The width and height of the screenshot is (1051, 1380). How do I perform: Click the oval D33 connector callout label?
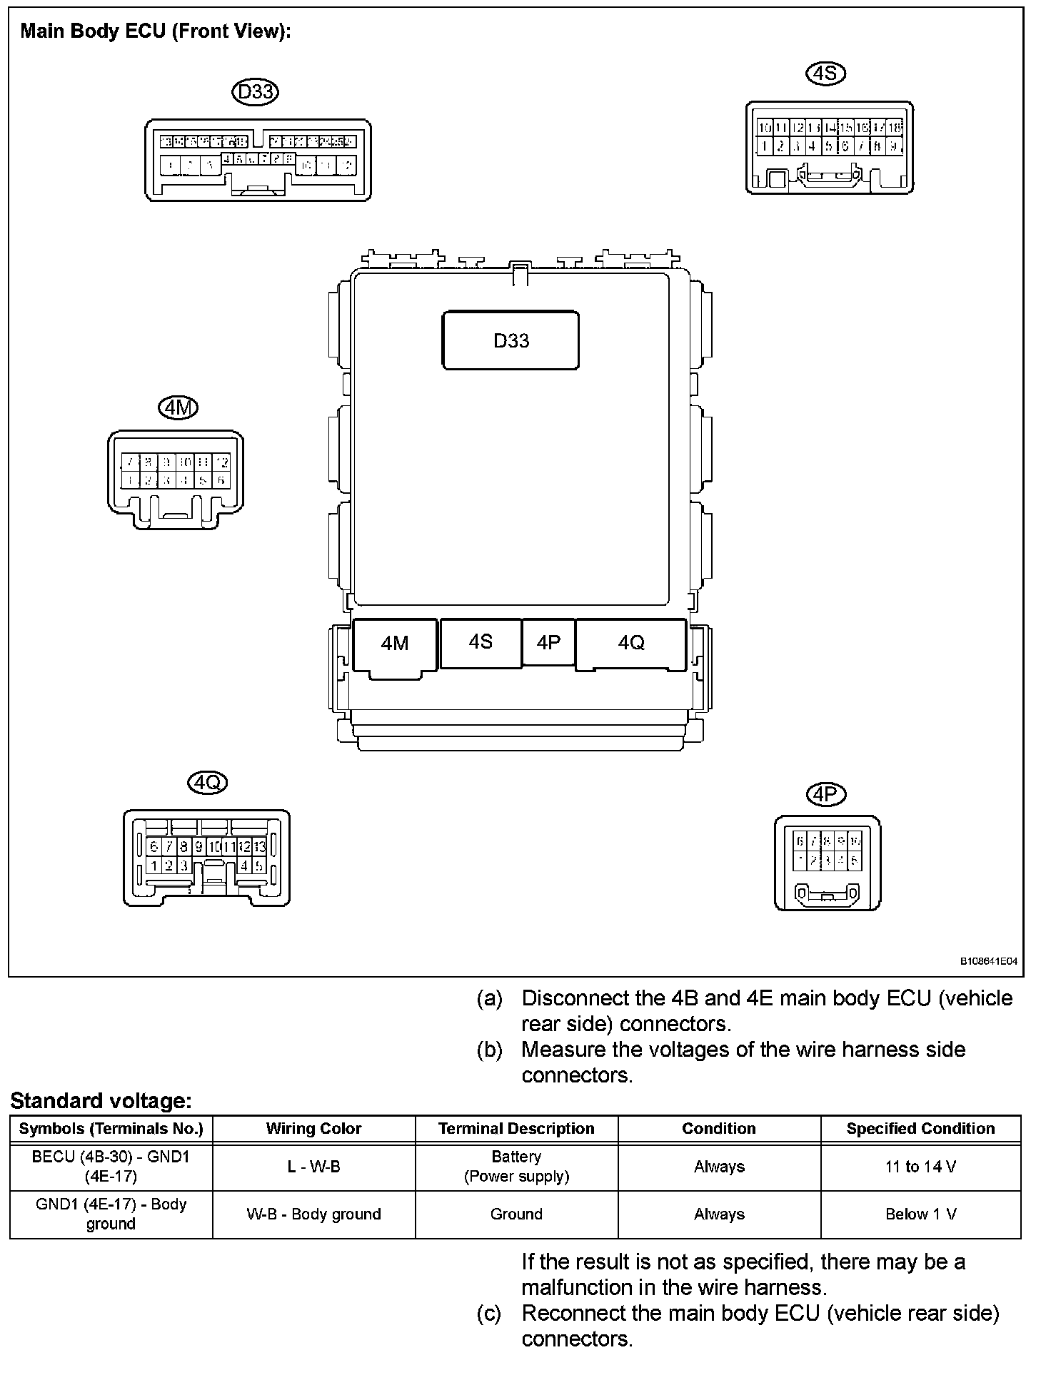(256, 91)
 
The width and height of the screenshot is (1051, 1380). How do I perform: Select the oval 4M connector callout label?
(177, 407)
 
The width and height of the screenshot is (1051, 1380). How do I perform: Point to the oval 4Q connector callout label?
(207, 783)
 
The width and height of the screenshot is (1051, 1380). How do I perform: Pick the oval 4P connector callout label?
(825, 794)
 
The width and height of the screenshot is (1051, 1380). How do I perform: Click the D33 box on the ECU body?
(511, 340)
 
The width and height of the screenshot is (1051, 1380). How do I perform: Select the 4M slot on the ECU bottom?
(395, 644)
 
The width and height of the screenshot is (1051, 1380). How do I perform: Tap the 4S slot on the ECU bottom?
(481, 642)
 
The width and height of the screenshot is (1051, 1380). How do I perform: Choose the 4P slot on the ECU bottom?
(548, 642)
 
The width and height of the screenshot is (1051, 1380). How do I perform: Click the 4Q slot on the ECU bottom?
(631, 644)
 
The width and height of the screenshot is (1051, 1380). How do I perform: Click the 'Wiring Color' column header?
(313, 1128)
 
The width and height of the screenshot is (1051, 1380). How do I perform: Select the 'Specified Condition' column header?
(920, 1128)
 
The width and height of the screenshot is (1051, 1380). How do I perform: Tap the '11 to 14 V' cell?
(920, 1167)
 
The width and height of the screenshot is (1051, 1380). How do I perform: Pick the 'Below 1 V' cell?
(920, 1214)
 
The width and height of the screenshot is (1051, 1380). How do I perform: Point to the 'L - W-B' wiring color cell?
(313, 1167)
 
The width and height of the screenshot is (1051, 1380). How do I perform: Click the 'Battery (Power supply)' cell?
(516, 1167)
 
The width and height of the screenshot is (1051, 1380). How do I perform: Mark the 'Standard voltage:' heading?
(101, 1101)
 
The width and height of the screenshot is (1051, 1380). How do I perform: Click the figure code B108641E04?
(988, 961)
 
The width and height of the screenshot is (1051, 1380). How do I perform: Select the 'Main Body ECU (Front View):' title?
(156, 31)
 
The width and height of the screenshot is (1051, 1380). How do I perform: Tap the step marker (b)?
(489, 1050)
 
